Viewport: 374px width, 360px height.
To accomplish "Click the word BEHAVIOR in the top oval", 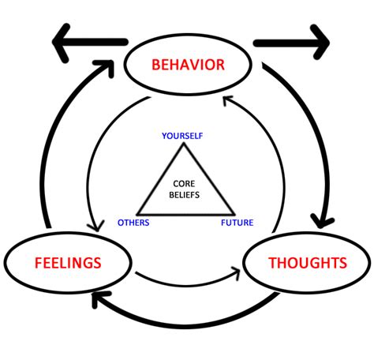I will [187, 63].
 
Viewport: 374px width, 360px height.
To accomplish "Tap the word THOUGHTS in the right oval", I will [307, 263].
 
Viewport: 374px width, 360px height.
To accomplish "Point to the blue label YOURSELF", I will [183, 136].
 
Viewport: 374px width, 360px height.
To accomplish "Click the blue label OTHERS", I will [133, 223].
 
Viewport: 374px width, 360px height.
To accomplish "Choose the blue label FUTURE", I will [237, 223].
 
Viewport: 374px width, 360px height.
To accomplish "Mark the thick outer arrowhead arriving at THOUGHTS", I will [321, 216].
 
